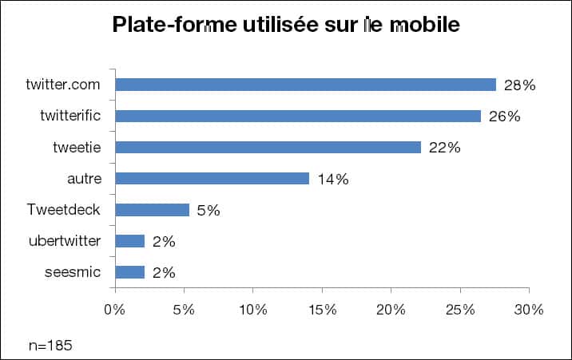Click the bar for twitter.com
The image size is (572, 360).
coord(305,85)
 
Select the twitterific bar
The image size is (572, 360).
coord(298,116)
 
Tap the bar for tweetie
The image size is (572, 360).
coord(268,147)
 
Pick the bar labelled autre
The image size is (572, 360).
coord(212,179)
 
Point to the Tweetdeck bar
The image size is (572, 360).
coord(152,210)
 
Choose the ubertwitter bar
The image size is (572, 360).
coord(130,241)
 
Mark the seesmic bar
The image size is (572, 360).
coord(130,273)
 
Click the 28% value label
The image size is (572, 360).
coord(519,85)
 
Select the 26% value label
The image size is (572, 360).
coord(504,117)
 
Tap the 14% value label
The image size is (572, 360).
coord(332,180)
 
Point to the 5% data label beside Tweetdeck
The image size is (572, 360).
coord(208,211)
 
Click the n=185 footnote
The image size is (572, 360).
coord(50,345)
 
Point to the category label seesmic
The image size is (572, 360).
coord(73,273)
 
